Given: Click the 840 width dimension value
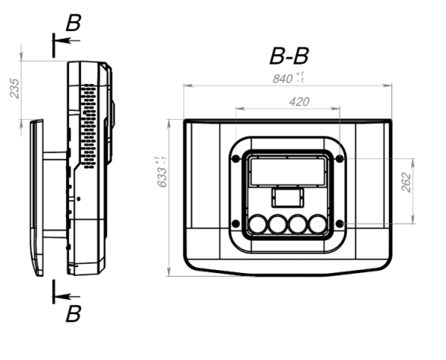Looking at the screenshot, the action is pyautogui.click(x=282, y=79).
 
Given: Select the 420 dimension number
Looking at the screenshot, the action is pyautogui.click(x=299, y=102).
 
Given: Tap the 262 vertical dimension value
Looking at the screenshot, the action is pyautogui.click(x=406, y=182).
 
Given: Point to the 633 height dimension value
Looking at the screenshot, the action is pyautogui.click(x=162, y=177).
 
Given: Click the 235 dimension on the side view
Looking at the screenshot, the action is pyautogui.click(x=15, y=89).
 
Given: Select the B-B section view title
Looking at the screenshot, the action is pyautogui.click(x=288, y=56).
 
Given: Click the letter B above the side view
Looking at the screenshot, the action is pyautogui.click(x=74, y=22).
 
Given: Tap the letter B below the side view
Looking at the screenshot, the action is pyautogui.click(x=74, y=314).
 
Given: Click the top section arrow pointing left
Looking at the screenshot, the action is pyautogui.click(x=67, y=41).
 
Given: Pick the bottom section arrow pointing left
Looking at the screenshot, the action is pyautogui.click(x=67, y=297).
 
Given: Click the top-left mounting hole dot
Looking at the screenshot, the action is pyautogui.click(x=236, y=158).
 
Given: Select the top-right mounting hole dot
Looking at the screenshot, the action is pyautogui.click(x=340, y=158).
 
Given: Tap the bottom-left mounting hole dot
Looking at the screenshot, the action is pyautogui.click(x=236, y=224).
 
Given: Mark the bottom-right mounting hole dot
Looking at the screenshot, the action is pyautogui.click(x=340, y=224).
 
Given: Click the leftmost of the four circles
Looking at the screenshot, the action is pyautogui.click(x=258, y=224).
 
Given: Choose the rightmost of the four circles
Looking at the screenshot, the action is pyautogui.click(x=317, y=224).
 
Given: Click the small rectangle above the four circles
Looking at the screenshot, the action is pyautogui.click(x=288, y=197).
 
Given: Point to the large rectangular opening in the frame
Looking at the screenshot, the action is pyautogui.click(x=288, y=172).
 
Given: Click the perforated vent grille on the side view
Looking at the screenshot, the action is pyautogui.click(x=88, y=126).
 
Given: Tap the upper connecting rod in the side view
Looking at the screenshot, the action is pyautogui.click(x=55, y=156).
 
